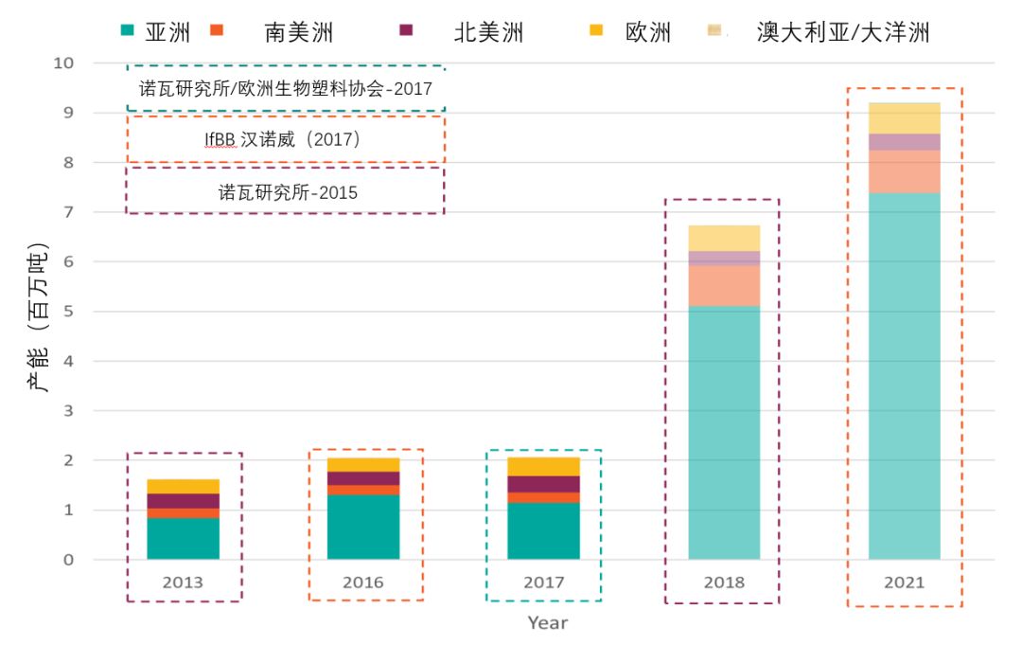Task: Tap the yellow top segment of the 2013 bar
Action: click(x=184, y=486)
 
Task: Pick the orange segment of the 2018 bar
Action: click(x=724, y=285)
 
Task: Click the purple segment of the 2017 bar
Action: click(x=543, y=484)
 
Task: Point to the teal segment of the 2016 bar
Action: click(x=363, y=527)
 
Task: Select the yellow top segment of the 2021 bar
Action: click(x=904, y=117)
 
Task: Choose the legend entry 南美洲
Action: click(x=298, y=33)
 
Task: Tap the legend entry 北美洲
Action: click(x=487, y=33)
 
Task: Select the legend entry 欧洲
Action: click(x=648, y=33)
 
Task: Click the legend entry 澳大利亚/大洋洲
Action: click(x=842, y=33)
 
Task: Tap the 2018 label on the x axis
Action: click(x=724, y=582)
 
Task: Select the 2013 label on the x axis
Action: click(x=184, y=582)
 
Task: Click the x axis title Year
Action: click(x=548, y=622)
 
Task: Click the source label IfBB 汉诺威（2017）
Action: click(x=284, y=139)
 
